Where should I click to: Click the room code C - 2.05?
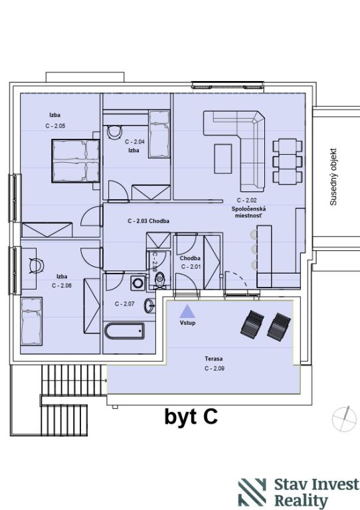[x=55, y=126]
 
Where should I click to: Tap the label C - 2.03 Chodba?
[x=148, y=221]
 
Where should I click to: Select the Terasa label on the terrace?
[x=214, y=359]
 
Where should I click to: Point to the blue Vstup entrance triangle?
[x=188, y=311]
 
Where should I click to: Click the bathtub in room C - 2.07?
[x=125, y=331]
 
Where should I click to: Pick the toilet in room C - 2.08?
[x=160, y=280]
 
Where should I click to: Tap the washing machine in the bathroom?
[x=138, y=283]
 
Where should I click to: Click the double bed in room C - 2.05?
[x=76, y=161]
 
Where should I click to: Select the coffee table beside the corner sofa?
[x=223, y=159]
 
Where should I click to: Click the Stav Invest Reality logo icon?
[x=252, y=492]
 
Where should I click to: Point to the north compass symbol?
[x=345, y=420]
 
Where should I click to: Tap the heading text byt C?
[x=191, y=416]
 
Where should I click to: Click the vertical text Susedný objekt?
[x=333, y=177]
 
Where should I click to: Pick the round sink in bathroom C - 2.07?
[x=149, y=305]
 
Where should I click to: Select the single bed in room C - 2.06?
[x=31, y=321]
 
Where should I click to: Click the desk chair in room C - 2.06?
[x=37, y=266]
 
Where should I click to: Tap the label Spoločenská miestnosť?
[x=248, y=212]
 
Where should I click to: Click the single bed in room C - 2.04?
[x=159, y=134]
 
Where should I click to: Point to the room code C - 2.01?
[x=191, y=267]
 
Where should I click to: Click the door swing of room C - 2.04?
[x=118, y=190]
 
